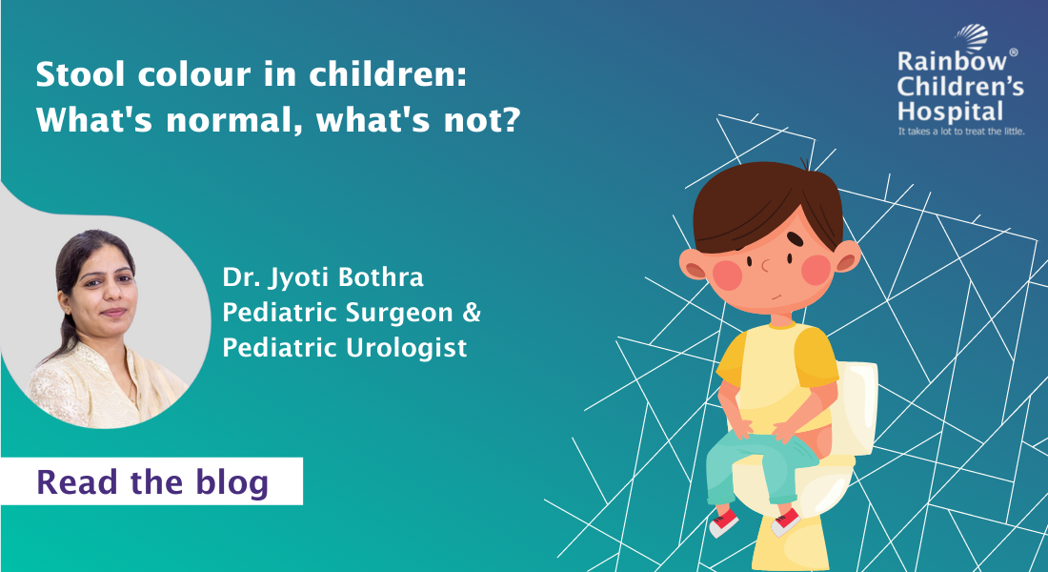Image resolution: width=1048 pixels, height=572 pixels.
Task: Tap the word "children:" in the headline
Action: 388,74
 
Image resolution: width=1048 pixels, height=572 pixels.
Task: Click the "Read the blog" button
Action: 151,481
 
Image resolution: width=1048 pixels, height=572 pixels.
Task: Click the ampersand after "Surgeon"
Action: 472,313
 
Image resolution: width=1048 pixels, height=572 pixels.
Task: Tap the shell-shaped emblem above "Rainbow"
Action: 973,37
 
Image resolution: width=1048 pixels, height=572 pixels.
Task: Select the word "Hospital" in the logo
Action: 951,111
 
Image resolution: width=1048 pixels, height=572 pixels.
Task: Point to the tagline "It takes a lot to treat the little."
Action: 961,132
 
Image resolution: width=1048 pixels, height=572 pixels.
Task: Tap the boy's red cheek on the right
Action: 816,270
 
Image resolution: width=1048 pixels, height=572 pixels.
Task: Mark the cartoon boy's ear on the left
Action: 693,263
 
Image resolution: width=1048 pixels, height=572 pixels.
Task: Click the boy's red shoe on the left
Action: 724,522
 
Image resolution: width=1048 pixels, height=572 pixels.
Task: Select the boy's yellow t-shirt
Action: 778,376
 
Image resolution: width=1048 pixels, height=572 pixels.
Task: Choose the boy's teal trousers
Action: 756,461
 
